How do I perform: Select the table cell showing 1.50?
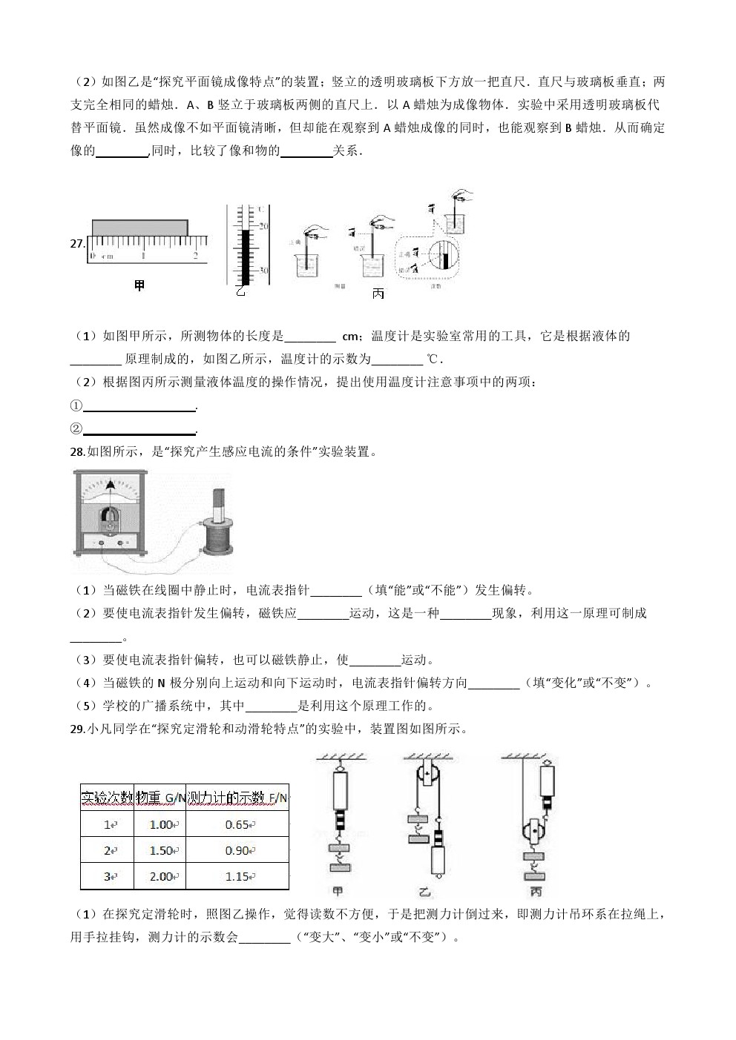160,850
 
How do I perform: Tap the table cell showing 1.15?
237,876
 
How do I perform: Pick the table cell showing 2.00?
160,876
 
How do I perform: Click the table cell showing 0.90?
237,850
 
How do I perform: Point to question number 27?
78,242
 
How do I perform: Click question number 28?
78,451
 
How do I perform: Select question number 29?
78,729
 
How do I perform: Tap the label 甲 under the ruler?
139,285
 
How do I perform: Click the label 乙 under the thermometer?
240,291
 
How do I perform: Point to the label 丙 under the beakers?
378,294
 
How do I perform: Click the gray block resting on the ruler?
139,228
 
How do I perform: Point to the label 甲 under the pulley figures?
338,892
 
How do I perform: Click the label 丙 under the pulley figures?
536,892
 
